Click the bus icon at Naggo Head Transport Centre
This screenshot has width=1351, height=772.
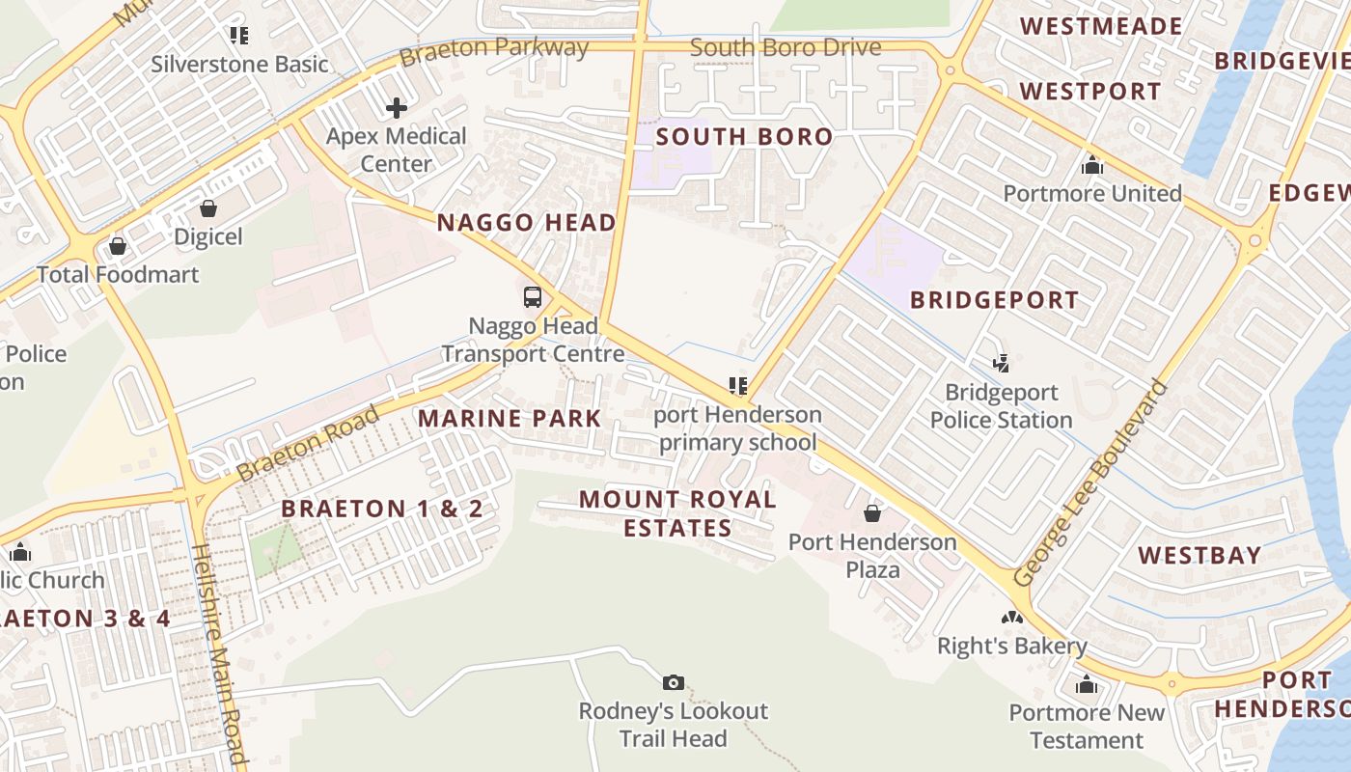click(x=532, y=297)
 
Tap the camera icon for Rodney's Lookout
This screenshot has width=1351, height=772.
click(x=674, y=683)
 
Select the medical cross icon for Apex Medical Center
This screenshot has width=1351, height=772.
click(x=397, y=108)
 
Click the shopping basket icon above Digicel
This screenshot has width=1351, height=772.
click(x=208, y=208)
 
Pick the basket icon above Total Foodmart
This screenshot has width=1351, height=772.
click(x=118, y=247)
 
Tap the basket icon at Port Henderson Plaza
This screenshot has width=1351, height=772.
click(x=872, y=513)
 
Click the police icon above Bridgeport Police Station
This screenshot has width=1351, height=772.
click(x=1002, y=364)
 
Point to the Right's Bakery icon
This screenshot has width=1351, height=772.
click(x=1011, y=618)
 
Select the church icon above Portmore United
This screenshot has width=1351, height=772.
click(x=1092, y=165)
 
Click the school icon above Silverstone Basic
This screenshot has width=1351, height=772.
click(x=239, y=36)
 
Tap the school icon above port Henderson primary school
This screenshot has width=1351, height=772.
click(x=738, y=386)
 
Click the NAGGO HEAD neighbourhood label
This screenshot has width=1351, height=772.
click(x=526, y=223)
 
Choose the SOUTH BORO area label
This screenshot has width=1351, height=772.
click(x=744, y=137)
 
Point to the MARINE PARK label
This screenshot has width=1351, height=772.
click(x=510, y=419)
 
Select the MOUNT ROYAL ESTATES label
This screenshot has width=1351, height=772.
click(x=677, y=513)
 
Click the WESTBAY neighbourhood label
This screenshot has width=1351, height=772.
click(x=1199, y=555)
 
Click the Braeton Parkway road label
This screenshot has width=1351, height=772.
click(x=494, y=50)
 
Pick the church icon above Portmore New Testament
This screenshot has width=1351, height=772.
click(x=1087, y=685)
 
